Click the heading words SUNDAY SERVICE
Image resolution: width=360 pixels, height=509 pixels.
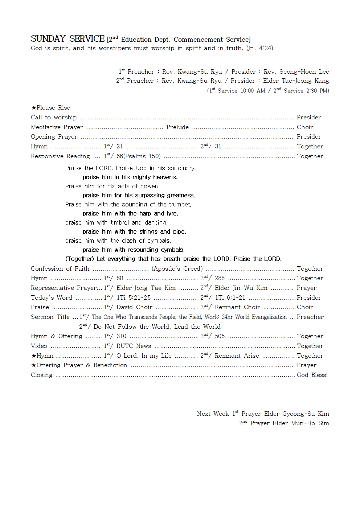(67, 39)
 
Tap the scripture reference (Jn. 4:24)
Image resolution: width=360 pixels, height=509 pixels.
(259, 48)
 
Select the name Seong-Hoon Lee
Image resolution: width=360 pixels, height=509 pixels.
(304, 72)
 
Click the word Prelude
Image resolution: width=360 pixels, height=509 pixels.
(177, 127)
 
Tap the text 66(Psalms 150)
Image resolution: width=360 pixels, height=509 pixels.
(139, 156)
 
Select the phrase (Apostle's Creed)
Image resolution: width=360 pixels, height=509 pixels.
(177, 269)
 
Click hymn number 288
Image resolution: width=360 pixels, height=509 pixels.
(220, 278)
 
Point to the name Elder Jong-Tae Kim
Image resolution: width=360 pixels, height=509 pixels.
(146, 288)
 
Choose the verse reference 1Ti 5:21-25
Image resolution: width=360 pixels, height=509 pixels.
(134, 298)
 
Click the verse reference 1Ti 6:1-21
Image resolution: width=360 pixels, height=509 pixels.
(230, 298)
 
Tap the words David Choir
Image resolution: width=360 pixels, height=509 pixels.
(134, 307)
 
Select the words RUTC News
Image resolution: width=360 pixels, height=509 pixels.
(134, 346)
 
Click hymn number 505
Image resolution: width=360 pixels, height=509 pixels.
(220, 336)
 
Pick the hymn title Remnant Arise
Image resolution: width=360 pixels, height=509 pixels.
(237, 356)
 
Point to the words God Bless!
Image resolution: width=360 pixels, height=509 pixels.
(312, 375)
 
